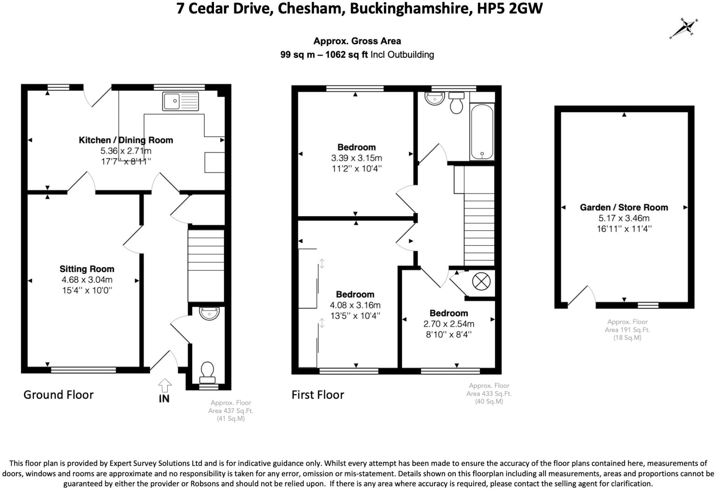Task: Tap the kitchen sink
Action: (181, 101)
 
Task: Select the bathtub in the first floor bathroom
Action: (482, 132)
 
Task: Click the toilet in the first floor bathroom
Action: (456, 103)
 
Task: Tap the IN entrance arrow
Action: (165, 385)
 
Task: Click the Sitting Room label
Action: (87, 269)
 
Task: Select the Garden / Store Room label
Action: (624, 208)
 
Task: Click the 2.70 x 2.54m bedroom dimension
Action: (449, 324)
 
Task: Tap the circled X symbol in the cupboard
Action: (481, 282)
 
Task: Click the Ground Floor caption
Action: (59, 395)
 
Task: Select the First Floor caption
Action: (318, 395)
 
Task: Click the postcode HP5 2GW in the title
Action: (510, 8)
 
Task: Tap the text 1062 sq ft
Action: (346, 55)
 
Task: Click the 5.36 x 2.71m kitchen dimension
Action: (126, 151)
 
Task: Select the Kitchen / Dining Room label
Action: (126, 140)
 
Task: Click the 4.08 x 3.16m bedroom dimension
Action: (355, 305)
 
